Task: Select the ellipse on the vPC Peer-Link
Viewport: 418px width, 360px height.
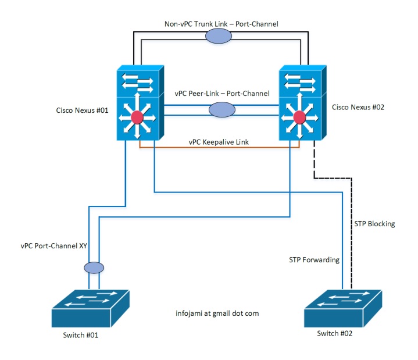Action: coord(222,109)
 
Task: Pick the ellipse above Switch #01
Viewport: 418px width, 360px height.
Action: coord(94,268)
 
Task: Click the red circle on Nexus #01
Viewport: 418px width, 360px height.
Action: coord(137,117)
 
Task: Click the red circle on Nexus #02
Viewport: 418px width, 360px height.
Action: coord(300,117)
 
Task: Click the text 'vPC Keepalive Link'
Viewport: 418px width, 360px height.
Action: coord(219,141)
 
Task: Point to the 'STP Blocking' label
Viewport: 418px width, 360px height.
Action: coord(374,224)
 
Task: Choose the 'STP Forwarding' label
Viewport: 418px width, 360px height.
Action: coord(314,259)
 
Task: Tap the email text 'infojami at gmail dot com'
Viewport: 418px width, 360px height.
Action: coord(217,313)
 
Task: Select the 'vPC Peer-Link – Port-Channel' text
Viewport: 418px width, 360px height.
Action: coord(222,93)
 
